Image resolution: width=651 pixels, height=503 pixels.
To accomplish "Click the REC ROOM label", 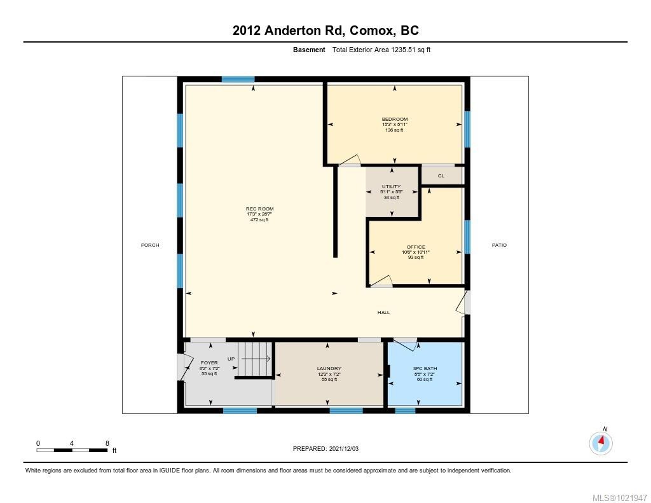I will point(259,209).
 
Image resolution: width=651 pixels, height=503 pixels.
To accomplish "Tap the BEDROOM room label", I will point(394,119).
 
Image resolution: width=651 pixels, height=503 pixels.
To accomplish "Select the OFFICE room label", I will point(416,247).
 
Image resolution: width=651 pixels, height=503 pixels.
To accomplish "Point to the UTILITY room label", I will point(391,186).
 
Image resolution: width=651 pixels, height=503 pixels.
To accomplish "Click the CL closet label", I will point(441,176).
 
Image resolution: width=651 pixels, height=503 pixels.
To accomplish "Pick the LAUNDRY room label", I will point(329,368).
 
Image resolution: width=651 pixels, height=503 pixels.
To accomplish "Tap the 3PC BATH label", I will point(425,368).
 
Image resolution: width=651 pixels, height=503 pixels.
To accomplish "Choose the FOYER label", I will point(209,362).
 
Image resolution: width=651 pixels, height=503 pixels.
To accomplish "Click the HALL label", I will point(383,312).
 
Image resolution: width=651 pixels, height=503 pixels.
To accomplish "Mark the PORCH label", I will point(150,245).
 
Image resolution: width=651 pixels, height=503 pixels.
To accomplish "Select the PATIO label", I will point(499,245).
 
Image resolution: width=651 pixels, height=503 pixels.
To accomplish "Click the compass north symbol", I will point(601,441).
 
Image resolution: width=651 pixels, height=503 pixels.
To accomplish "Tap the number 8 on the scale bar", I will point(107,443).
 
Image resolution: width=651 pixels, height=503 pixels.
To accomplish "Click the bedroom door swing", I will point(351,160).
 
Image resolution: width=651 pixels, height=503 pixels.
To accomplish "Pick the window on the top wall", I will point(238,79).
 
